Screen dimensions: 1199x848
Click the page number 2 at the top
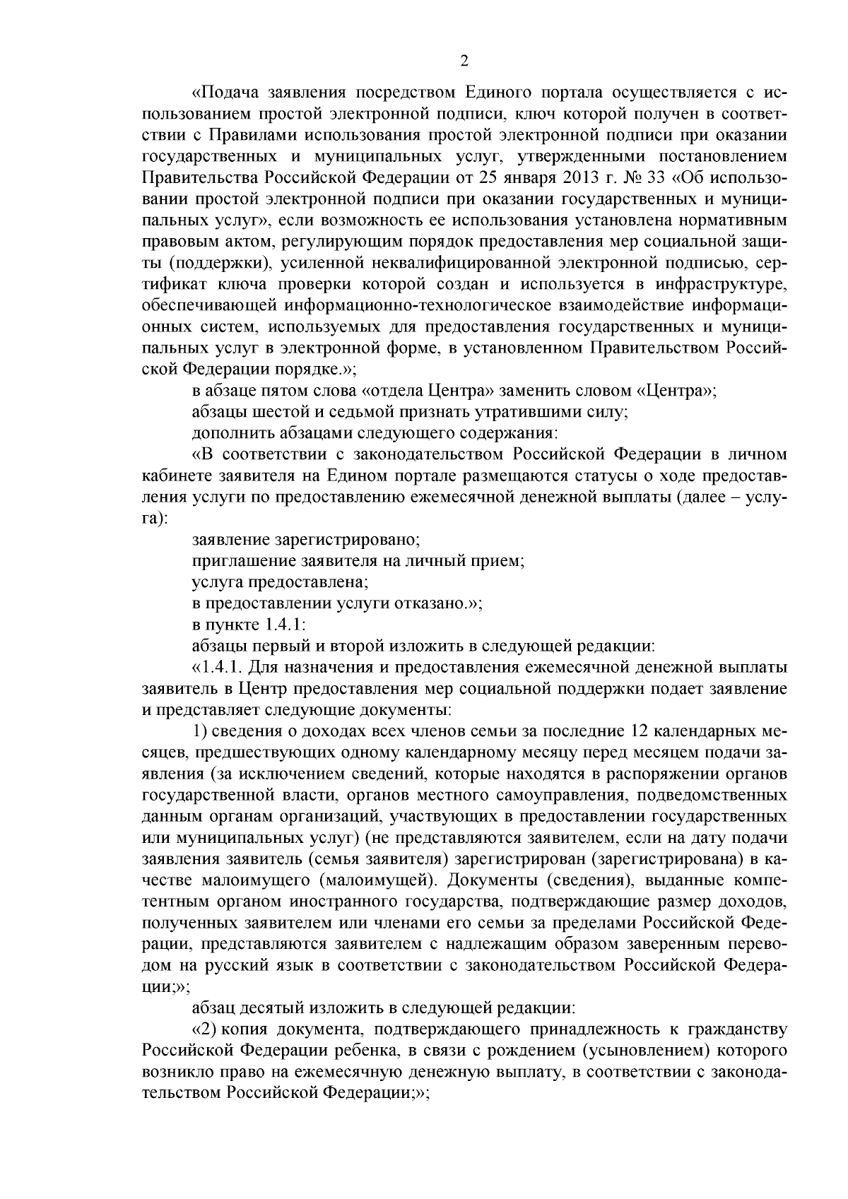[464, 61]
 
